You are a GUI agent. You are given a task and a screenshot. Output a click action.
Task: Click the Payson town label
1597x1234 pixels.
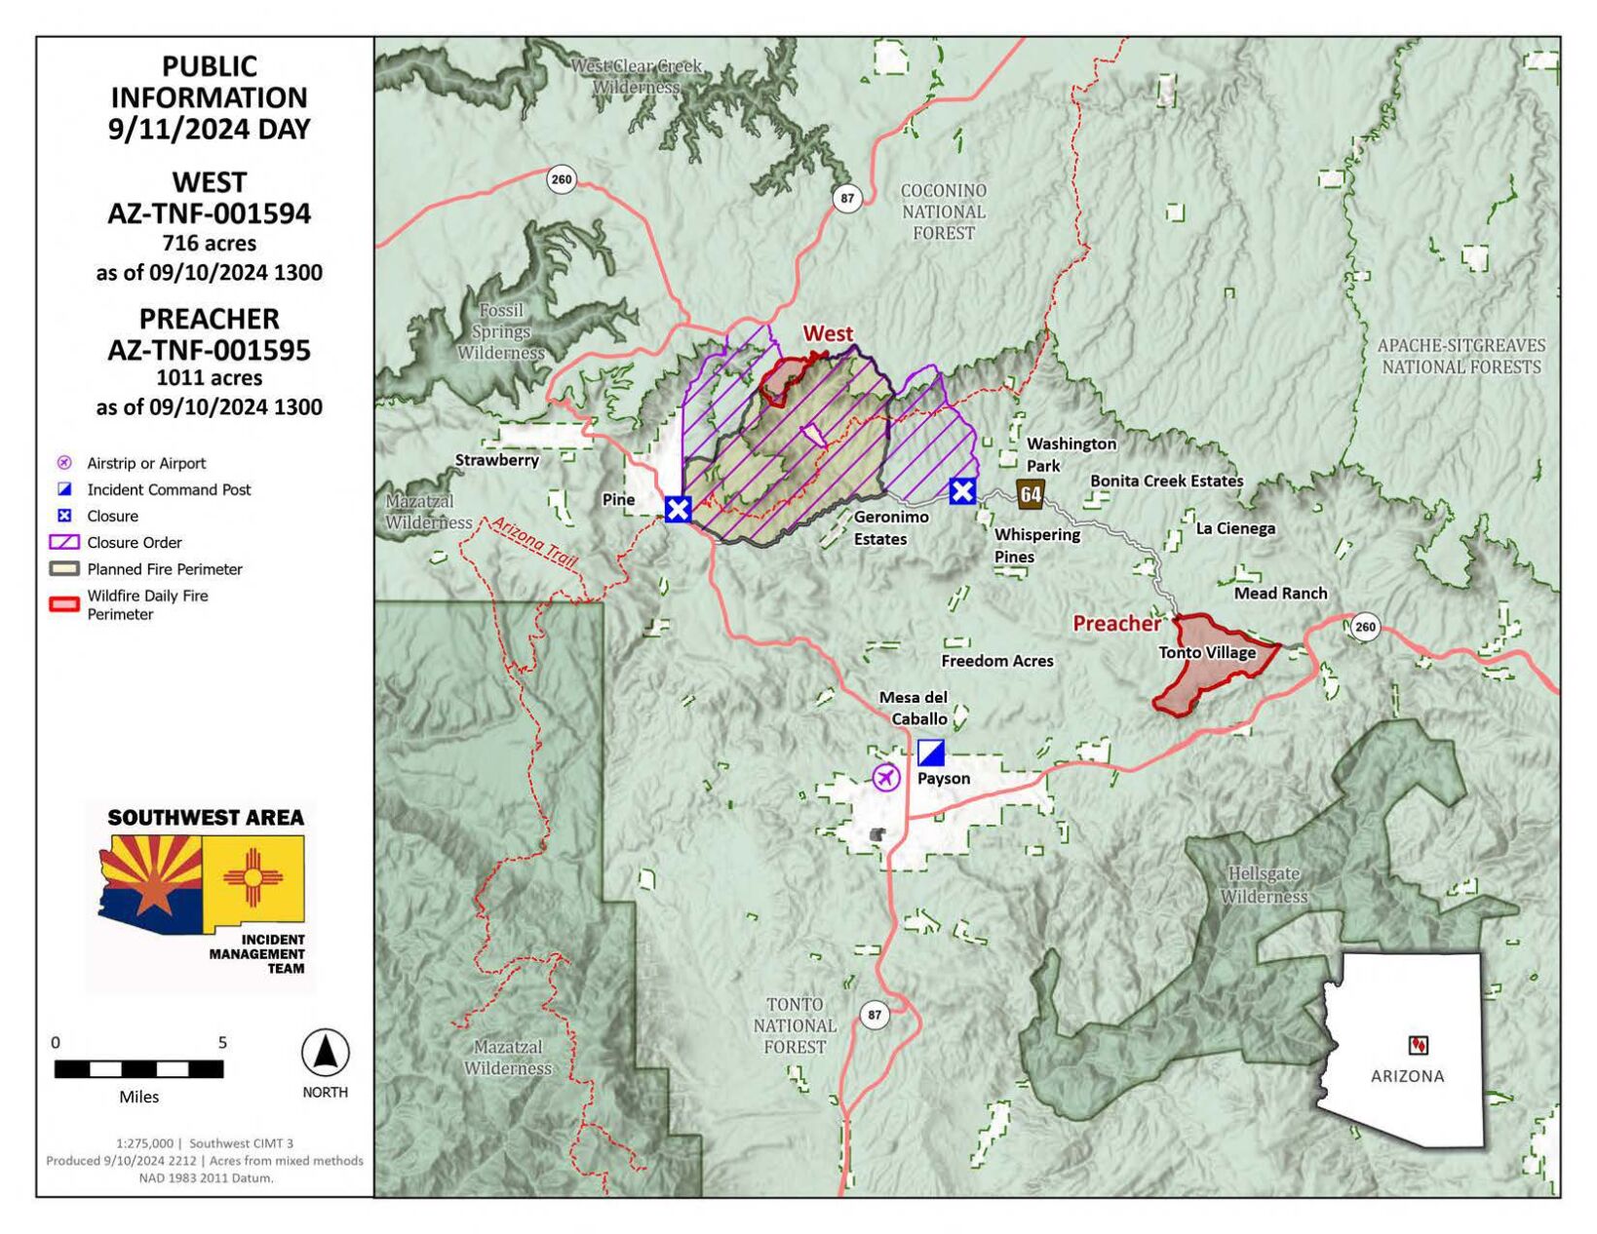pyautogui.click(x=943, y=778)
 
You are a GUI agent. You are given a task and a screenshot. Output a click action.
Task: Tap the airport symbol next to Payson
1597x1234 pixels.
pyautogui.click(x=885, y=777)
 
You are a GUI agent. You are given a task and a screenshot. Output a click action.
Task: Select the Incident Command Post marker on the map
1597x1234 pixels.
pyautogui.click(x=931, y=752)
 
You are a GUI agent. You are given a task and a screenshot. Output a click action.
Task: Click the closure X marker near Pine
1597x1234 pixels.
pyautogui.click(x=679, y=508)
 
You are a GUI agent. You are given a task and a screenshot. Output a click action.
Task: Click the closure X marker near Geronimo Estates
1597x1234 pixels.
pyautogui.click(x=962, y=491)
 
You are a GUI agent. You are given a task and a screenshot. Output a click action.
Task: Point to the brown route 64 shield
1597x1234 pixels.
pyautogui.click(x=1031, y=494)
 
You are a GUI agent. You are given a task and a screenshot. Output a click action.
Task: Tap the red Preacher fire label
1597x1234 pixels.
pyautogui.click(x=1116, y=623)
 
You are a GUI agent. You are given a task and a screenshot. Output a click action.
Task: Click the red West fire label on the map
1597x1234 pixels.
pyautogui.click(x=828, y=334)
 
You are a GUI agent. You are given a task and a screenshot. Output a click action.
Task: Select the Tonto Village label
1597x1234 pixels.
pyautogui.click(x=1207, y=652)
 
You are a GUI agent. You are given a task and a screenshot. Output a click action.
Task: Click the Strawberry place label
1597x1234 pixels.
pyautogui.click(x=497, y=459)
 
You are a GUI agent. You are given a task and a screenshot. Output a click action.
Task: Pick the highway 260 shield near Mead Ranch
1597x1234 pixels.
pyautogui.click(x=1365, y=626)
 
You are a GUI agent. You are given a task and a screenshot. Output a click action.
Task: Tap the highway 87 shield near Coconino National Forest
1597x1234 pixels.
pyautogui.click(x=847, y=198)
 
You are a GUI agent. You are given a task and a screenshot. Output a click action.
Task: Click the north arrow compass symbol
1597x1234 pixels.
pyautogui.click(x=325, y=1053)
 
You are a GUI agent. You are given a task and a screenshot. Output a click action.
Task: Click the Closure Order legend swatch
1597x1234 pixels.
pyautogui.click(x=64, y=542)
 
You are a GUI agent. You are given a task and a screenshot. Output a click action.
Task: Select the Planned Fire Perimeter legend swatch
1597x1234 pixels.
pyautogui.click(x=64, y=568)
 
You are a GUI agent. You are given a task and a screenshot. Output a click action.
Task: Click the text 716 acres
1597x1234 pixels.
pyautogui.click(x=209, y=243)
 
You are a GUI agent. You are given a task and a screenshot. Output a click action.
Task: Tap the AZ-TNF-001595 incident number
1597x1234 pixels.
pyautogui.click(x=209, y=350)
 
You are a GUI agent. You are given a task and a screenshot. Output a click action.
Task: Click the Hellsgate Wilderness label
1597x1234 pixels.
pyautogui.click(x=1264, y=885)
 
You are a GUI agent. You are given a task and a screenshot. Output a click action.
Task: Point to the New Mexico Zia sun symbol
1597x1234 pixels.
pyautogui.click(x=253, y=876)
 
